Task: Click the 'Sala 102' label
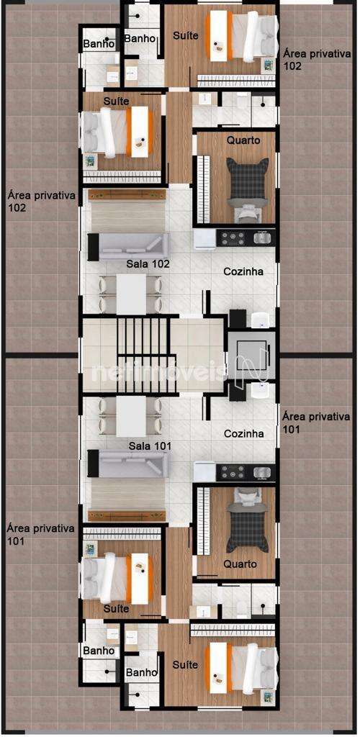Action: [148, 263]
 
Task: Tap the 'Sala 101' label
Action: [150, 445]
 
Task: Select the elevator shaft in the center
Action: [252, 354]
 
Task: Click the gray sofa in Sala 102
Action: [129, 246]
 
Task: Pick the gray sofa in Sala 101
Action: [129, 464]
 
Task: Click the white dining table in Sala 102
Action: [131, 294]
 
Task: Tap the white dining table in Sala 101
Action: [131, 416]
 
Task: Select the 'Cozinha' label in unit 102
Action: [243, 271]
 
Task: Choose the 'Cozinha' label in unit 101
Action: [243, 433]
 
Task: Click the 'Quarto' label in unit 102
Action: [243, 140]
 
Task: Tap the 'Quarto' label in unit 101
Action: [240, 564]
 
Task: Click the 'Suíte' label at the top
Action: [186, 35]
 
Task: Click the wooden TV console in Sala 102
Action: [127, 194]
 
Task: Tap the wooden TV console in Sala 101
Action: [127, 515]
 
